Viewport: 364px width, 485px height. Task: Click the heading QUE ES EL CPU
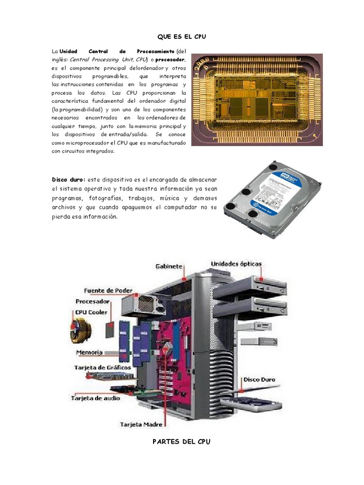tap(182, 36)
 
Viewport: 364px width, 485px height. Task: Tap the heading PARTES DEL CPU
tap(182, 441)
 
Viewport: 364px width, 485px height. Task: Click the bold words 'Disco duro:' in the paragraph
tap(68, 180)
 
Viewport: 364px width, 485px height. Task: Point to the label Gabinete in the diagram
tap(169, 266)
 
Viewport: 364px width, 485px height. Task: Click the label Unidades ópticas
tap(236, 264)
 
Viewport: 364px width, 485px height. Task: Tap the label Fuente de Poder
tap(108, 290)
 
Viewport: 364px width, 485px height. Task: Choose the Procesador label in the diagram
tap(93, 301)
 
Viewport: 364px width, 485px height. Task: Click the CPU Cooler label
tap(91, 313)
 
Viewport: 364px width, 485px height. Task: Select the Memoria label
tap(89, 352)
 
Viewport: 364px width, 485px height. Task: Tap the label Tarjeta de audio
tap(95, 398)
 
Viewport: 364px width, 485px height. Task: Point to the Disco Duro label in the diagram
tap(259, 379)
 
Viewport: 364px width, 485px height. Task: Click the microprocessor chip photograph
tap(256, 99)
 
